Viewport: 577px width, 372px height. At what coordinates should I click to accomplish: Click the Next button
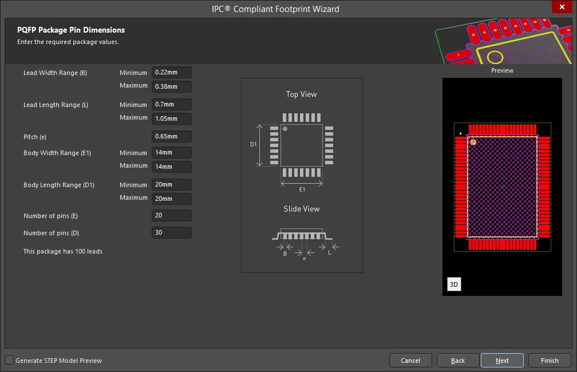click(x=502, y=361)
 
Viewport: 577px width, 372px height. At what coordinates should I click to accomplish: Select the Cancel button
click(x=410, y=361)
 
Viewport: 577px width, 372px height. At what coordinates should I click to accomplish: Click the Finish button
click(x=550, y=361)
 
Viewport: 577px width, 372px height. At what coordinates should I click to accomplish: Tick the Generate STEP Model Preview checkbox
click(x=9, y=360)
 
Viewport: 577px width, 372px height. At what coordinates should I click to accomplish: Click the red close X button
click(x=562, y=7)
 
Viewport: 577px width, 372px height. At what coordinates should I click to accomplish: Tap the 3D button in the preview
click(x=454, y=284)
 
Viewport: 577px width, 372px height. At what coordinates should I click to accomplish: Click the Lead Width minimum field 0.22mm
click(x=172, y=73)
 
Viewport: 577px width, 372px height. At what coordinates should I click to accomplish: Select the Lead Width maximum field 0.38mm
click(x=172, y=86)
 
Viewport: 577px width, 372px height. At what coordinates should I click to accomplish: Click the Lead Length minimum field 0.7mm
click(x=172, y=105)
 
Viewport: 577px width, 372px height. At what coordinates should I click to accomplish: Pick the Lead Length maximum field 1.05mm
click(x=172, y=118)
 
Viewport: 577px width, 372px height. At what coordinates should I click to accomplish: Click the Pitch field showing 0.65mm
click(x=172, y=137)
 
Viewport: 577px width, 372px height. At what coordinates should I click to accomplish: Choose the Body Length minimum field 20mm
click(x=172, y=184)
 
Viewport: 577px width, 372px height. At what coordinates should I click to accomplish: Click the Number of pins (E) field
click(x=172, y=215)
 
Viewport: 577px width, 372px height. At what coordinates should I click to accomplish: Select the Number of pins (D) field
click(x=172, y=232)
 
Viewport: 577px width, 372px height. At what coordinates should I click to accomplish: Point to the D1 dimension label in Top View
click(x=254, y=144)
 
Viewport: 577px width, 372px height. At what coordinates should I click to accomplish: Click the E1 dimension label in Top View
click(x=302, y=189)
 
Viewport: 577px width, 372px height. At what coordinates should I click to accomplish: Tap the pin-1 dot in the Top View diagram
click(x=285, y=129)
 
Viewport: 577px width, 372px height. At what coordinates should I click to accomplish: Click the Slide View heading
click(x=301, y=209)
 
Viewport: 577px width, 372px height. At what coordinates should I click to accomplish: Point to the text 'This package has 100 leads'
click(x=63, y=251)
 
